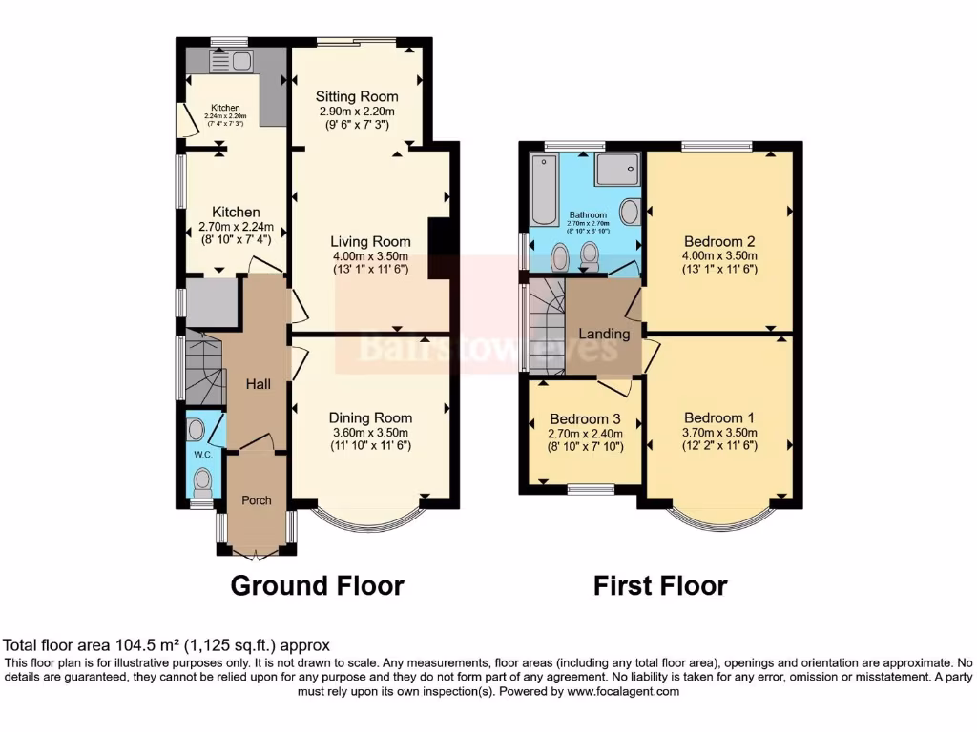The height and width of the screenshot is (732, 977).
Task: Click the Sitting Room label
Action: [x=358, y=97]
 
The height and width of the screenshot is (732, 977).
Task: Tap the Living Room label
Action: [x=370, y=242]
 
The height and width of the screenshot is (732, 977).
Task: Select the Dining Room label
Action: [x=370, y=417]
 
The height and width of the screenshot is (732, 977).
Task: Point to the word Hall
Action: [x=259, y=384]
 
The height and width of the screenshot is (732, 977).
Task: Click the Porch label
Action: [x=256, y=499]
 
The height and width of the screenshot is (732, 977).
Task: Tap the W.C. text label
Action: [x=202, y=454]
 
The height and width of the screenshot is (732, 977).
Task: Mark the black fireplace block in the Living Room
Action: [x=441, y=249]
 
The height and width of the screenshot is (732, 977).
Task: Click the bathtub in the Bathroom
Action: [x=541, y=190]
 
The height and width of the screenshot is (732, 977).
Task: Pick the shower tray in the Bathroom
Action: [x=619, y=171]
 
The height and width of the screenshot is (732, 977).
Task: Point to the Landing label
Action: [x=605, y=334]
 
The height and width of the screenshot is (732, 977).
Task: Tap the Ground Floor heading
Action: [x=317, y=584]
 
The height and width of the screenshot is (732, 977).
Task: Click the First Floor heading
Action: [x=660, y=584]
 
